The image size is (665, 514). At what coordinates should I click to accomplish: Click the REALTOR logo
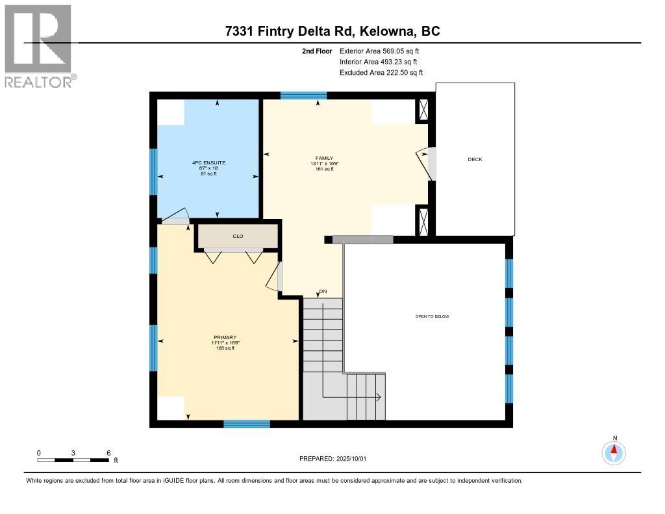40,45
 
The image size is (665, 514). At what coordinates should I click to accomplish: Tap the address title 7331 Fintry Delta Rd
332,31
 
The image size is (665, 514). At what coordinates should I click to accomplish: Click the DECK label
475,159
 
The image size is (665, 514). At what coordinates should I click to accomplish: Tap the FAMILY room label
324,158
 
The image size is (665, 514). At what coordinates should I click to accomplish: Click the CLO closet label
238,236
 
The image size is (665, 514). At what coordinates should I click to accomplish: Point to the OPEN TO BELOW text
432,316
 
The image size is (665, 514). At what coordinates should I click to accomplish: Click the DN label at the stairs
323,291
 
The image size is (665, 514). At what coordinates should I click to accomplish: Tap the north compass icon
614,451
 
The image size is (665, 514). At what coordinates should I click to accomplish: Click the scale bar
73,460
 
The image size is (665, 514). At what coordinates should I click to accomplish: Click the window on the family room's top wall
303,96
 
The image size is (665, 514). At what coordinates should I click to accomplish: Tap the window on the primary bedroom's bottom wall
247,424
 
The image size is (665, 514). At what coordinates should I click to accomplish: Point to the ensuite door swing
175,218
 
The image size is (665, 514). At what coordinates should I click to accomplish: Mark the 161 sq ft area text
324,169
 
